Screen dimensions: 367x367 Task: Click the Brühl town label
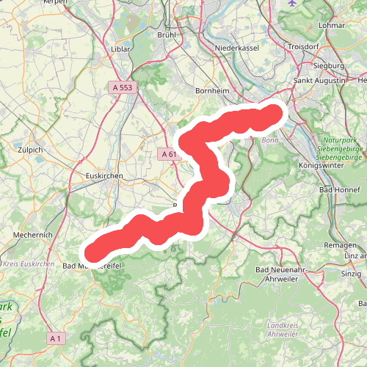[x=168, y=34]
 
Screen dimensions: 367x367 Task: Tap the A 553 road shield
[x=123, y=87]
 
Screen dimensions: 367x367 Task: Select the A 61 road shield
[x=168, y=154]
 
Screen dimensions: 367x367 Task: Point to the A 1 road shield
[x=56, y=338]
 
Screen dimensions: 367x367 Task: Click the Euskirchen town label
[x=103, y=176]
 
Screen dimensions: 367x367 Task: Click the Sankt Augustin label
[x=319, y=79]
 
